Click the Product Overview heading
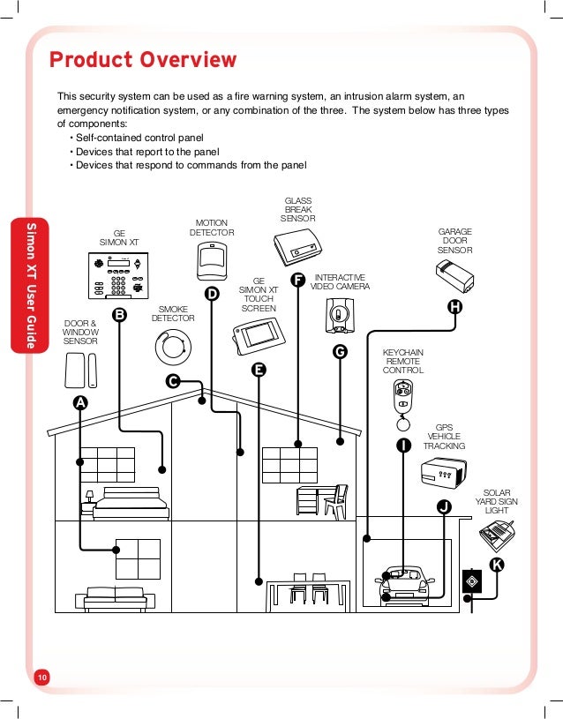click(x=143, y=60)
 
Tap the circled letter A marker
click(x=80, y=401)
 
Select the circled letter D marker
click(x=212, y=294)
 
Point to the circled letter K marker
click(x=497, y=564)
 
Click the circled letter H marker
click(x=454, y=307)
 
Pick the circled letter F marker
click(x=297, y=281)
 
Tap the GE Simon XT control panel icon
click(x=119, y=277)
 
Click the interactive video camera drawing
click(x=338, y=314)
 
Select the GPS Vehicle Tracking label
click(x=444, y=436)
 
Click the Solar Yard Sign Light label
click(x=497, y=502)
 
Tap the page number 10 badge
click(x=42, y=677)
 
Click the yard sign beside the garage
click(x=472, y=581)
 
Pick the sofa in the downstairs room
click(x=114, y=597)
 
